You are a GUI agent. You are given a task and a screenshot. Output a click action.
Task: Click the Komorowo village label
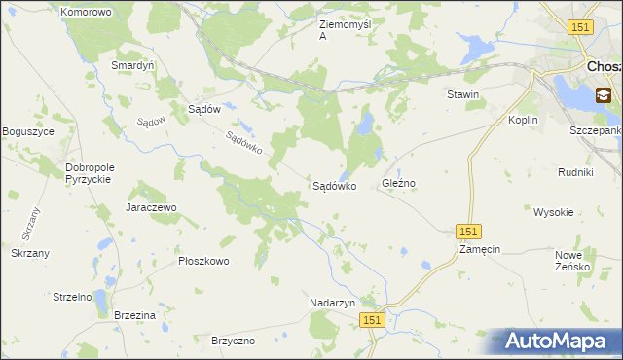86,13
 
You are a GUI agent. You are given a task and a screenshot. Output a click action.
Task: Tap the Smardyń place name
133,65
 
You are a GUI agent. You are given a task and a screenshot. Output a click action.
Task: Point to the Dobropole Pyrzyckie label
90,173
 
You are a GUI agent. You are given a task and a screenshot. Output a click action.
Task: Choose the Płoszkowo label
203,261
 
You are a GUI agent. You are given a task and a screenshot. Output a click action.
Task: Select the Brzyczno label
233,341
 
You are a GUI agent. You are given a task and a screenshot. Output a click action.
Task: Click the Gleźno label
399,183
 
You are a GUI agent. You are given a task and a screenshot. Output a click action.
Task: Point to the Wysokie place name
553,211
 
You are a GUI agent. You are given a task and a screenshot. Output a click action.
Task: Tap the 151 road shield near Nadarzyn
371,319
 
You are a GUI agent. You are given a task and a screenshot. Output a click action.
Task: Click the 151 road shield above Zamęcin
468,231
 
